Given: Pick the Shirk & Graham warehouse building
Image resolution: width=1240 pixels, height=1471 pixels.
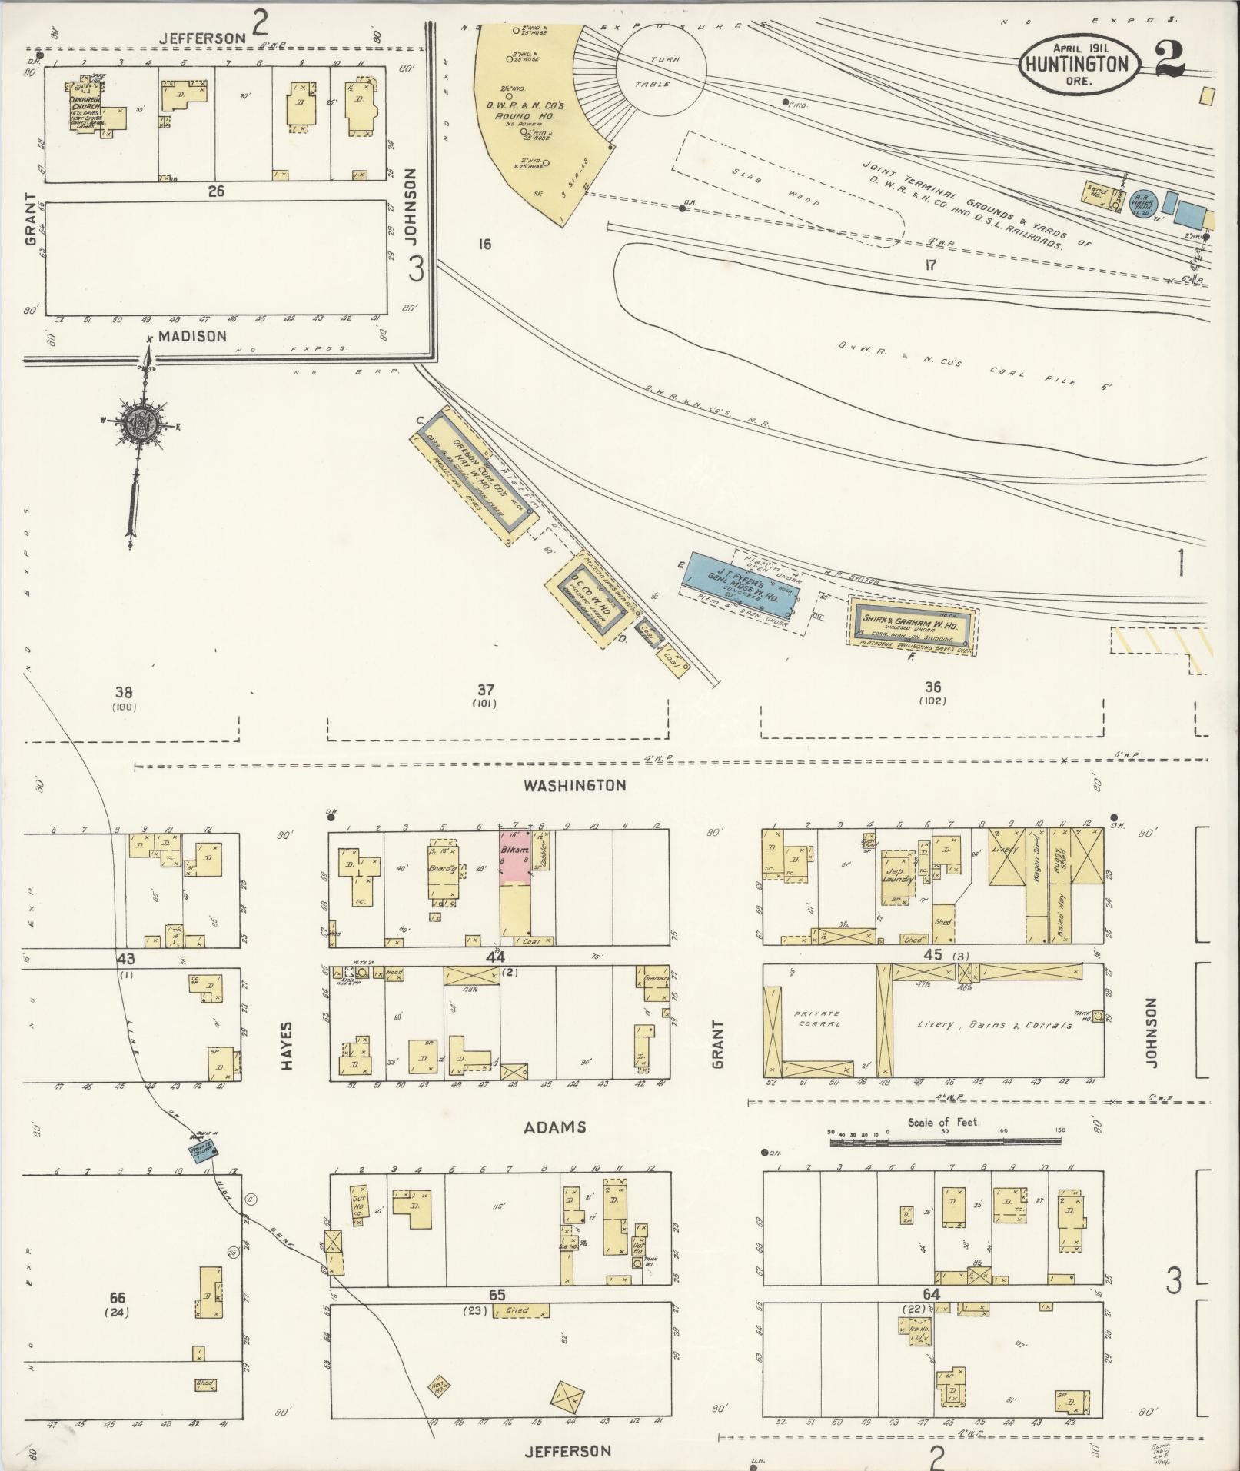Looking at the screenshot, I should click(x=913, y=624).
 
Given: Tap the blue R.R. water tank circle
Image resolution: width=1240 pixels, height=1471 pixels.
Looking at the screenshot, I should click(x=1143, y=202).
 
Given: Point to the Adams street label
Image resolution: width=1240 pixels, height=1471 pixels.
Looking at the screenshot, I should click(x=555, y=1127).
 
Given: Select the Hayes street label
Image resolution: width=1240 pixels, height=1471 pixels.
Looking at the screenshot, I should click(x=287, y=1047).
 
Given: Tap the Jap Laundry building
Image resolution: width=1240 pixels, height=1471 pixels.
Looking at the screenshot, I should click(x=896, y=877).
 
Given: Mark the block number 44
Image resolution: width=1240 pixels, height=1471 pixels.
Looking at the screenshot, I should click(x=494, y=957).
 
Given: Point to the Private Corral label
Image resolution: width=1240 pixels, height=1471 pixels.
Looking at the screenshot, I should click(x=818, y=1019).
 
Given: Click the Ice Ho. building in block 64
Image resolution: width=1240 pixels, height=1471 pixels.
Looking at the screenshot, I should click(x=916, y=1328).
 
